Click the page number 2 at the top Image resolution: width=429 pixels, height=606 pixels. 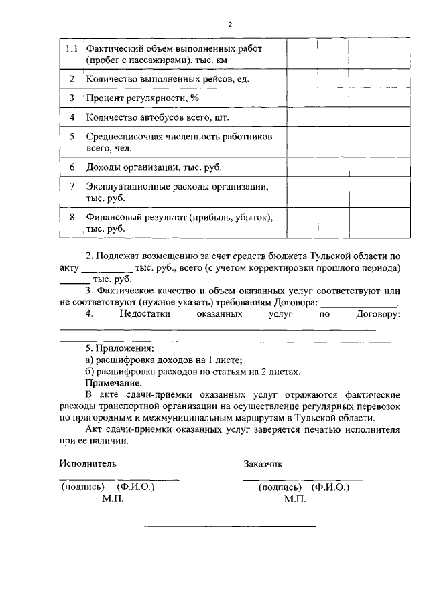[x=229, y=25]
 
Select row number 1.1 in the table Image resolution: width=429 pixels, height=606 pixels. [x=72, y=50]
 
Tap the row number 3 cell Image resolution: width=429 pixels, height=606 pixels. [x=72, y=98]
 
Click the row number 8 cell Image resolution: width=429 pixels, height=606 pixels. [x=72, y=217]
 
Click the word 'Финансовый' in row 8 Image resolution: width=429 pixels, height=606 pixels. [x=111, y=217]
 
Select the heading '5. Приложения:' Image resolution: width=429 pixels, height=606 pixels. [x=119, y=349]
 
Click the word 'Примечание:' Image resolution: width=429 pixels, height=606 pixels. [x=113, y=383]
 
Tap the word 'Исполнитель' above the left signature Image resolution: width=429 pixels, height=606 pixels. [x=87, y=463]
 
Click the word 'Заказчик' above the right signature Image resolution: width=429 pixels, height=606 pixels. [x=264, y=463]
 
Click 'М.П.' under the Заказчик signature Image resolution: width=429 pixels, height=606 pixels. [x=295, y=499]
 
